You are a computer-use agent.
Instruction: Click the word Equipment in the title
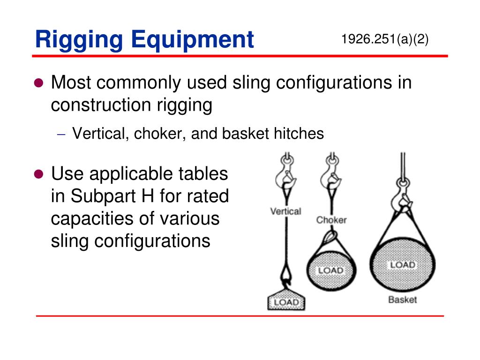[192, 40]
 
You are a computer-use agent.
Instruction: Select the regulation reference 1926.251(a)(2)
[385, 39]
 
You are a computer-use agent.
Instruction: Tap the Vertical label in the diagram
[285, 211]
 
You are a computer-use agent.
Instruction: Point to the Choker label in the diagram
[331, 219]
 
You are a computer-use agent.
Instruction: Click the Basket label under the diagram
[402, 300]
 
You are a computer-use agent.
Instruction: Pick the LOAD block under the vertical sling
[286, 302]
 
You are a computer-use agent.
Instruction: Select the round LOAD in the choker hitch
[331, 270]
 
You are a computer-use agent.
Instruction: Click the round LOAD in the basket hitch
[402, 265]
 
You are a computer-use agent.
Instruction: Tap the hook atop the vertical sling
[286, 176]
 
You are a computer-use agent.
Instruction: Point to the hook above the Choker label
[331, 176]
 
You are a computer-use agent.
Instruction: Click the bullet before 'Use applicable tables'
[39, 174]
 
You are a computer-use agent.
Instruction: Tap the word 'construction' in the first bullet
[100, 105]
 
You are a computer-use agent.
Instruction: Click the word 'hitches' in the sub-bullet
[300, 134]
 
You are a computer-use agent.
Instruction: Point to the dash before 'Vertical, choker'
[61, 134]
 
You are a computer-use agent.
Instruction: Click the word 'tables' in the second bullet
[204, 174]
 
